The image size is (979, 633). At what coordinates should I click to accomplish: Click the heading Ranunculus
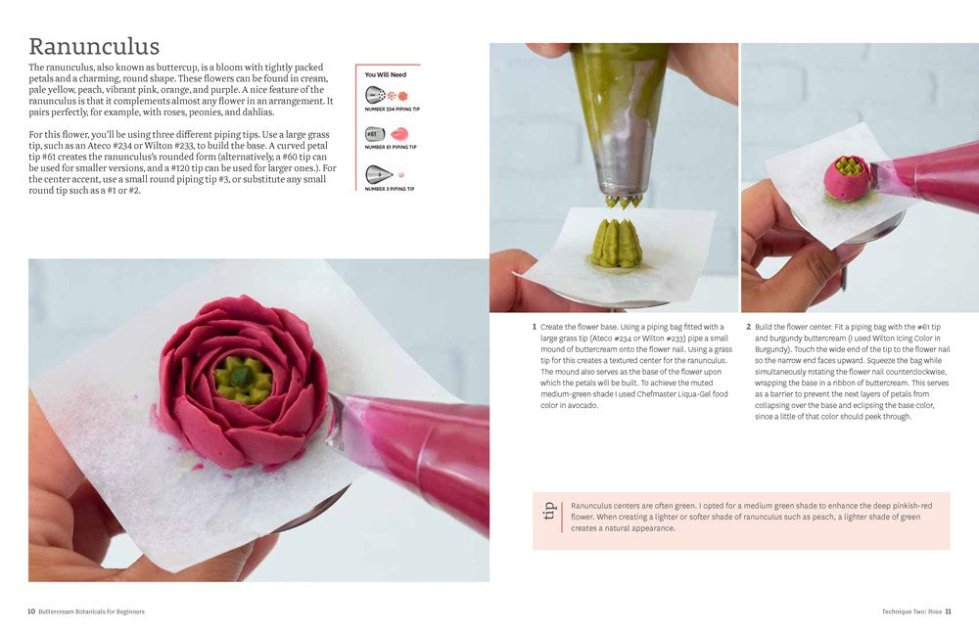click(94, 46)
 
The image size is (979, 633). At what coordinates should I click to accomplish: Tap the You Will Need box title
click(385, 74)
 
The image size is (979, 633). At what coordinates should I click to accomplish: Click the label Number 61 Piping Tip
click(390, 147)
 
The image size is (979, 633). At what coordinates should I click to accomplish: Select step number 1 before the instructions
click(535, 327)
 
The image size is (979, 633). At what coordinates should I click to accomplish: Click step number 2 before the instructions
click(748, 327)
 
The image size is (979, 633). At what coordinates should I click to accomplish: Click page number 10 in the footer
click(31, 611)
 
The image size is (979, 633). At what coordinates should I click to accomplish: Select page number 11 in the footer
click(948, 611)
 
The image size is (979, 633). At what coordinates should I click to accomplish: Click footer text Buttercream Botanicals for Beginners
click(92, 611)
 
